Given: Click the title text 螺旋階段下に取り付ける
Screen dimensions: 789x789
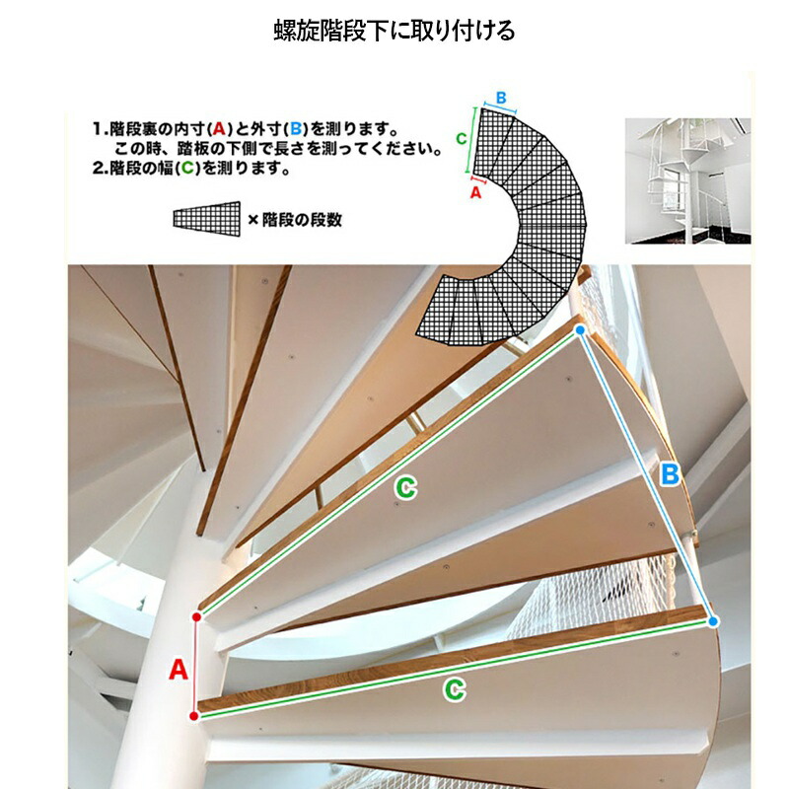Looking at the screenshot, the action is point(394,31).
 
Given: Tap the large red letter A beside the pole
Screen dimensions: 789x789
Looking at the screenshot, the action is point(179,670).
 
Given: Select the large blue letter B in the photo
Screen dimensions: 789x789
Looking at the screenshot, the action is point(670,474).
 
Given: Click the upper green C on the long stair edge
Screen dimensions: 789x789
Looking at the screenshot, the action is point(405,488).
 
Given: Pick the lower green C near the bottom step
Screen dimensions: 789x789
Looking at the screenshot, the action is point(455,689).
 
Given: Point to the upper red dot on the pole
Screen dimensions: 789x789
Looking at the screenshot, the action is point(196,617).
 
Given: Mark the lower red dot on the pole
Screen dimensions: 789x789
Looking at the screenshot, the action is point(194,716).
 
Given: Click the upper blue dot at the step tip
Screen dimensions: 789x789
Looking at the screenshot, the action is point(580,330).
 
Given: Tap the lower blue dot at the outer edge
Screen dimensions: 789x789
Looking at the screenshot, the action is point(712,622).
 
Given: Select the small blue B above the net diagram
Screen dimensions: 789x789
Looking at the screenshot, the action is point(501,98).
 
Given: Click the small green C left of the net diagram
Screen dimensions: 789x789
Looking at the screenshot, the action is point(461,138).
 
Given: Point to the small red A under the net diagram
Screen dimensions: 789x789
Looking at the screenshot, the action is point(475,192).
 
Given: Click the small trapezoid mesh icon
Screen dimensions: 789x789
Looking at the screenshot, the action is point(207,218).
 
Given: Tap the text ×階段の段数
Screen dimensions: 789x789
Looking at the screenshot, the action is point(295,219).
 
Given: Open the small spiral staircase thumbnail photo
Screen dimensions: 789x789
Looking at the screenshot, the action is point(687,181).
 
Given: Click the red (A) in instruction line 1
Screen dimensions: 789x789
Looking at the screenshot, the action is point(218,129).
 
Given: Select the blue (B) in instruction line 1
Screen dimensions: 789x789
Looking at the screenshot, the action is point(295,129).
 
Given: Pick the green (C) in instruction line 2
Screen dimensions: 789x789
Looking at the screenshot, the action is point(187,168).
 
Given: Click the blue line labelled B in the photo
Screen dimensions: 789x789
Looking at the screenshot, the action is point(647,476).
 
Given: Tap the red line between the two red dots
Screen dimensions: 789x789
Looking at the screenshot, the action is point(195,667).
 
